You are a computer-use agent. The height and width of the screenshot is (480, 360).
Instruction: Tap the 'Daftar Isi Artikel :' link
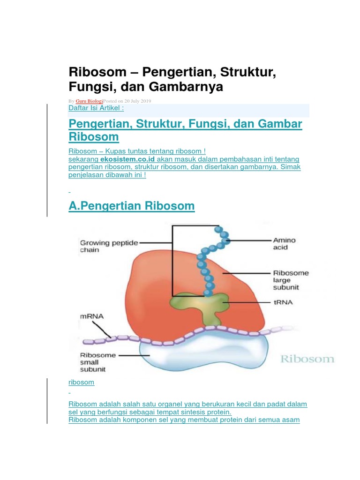tap(96, 108)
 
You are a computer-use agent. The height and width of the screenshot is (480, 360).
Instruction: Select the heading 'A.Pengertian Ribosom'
tap(131, 206)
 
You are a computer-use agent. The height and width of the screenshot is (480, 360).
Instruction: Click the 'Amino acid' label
tap(284, 244)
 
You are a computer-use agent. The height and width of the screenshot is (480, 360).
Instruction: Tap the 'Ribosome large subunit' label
tap(291, 280)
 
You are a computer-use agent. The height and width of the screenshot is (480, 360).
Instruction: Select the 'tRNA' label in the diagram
tap(283, 302)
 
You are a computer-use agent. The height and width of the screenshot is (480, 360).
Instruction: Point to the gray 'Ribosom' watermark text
tap(307, 359)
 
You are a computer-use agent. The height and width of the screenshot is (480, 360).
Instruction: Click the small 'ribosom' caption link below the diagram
tap(81, 382)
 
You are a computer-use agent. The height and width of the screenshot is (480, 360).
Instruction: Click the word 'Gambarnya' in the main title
tap(188, 87)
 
